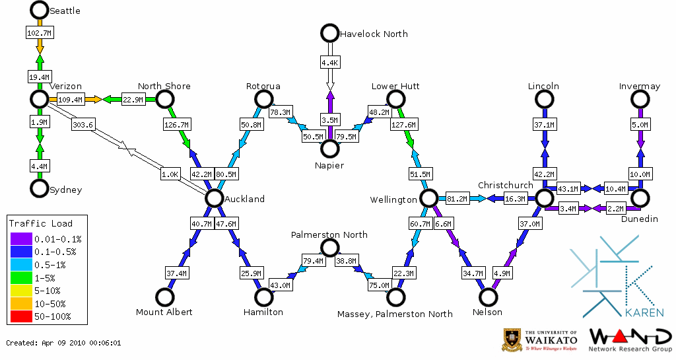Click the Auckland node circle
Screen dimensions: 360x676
coord(214,198)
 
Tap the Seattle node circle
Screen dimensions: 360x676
coord(40,10)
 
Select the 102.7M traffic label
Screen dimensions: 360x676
coord(39,32)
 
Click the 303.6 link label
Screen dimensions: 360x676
coord(83,124)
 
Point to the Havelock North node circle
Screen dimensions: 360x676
coord(329,33)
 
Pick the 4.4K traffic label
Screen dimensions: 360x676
coord(329,63)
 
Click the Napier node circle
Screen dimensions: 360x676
coord(329,149)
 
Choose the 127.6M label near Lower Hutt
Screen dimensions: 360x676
coord(404,124)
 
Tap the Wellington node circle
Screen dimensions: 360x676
coord(428,198)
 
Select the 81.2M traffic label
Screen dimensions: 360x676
coord(457,198)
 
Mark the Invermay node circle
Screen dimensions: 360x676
coord(640,99)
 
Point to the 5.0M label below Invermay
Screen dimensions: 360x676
coord(640,124)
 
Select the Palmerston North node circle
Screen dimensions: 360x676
coord(329,248)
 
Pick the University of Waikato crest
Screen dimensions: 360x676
coord(513,340)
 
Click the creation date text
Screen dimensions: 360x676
coord(64,343)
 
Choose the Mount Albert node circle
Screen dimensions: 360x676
coord(164,297)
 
